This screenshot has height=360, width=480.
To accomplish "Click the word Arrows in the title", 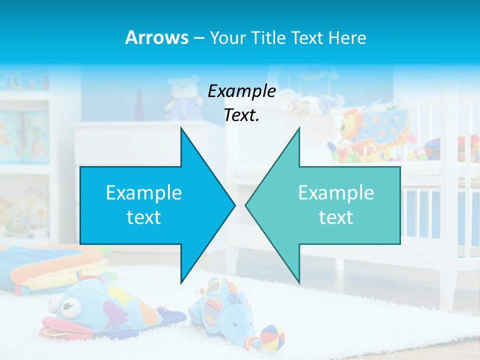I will click(x=156, y=37).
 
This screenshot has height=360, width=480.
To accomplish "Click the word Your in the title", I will click(x=228, y=37).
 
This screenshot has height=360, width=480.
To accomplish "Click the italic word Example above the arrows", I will click(x=241, y=91).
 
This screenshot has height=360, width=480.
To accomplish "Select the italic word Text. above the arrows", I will click(x=241, y=115).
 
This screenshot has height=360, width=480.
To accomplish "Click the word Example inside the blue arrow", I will click(x=144, y=193).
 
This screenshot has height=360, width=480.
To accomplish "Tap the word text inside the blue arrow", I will click(x=144, y=217).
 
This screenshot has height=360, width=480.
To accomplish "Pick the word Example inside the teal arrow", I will click(x=336, y=193).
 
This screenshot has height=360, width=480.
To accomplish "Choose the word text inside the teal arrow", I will click(x=336, y=217).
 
